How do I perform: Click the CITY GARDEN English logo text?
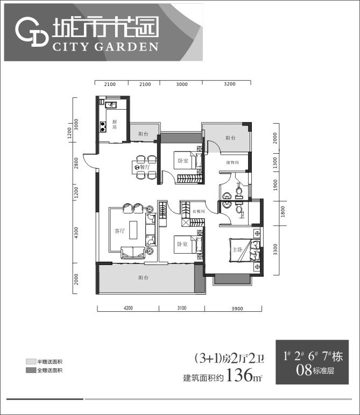[105, 46]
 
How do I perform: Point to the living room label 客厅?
[119, 231]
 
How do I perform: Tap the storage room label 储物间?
[233, 162]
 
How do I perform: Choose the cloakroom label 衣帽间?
[199, 211]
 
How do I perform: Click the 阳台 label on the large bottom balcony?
[143, 277]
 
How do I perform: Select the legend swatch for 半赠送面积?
[31, 362]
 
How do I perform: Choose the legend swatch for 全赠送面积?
[31, 370]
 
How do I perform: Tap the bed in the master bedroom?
[242, 250]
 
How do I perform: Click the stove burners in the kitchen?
[102, 127]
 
